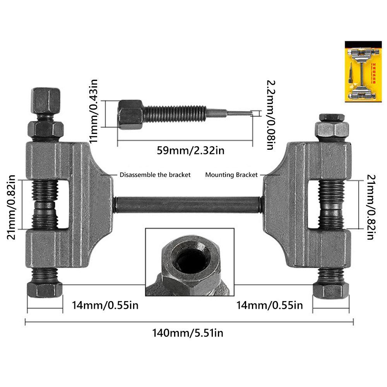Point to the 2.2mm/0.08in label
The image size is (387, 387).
point(271,115)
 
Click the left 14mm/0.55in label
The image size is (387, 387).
point(105,305)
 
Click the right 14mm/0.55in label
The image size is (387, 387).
point(270,305)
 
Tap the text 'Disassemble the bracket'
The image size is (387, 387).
point(155,175)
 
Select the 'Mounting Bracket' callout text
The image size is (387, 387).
point(231,175)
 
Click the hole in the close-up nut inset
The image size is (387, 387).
point(188,262)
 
